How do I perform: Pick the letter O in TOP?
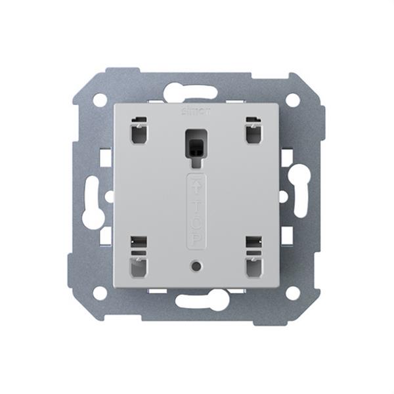point(196,220)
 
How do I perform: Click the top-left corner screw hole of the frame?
point(99,100)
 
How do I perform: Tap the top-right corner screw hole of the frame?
point(292,100)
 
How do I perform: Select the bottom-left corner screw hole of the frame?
point(99,293)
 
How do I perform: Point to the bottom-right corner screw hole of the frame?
point(292,293)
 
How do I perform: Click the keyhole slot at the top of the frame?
point(196,91)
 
